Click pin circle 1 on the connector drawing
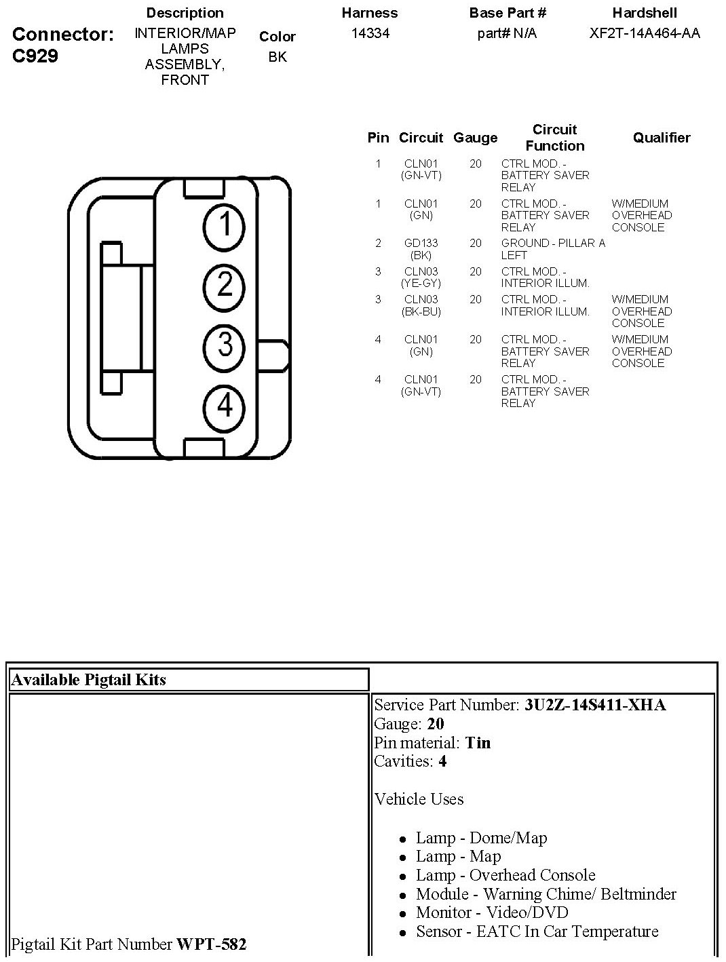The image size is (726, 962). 225,225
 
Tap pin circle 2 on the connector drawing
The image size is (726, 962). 225,286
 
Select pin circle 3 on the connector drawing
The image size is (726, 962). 225,345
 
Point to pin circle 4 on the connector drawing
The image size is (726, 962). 225,406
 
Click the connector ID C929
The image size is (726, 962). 35,56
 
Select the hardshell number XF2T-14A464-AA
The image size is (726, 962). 644,33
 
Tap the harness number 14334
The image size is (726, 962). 370,33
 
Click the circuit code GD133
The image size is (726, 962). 421,243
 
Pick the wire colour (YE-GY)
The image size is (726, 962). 421,284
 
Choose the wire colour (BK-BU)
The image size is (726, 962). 421,311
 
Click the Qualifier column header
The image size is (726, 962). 662,138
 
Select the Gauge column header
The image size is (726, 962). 475,138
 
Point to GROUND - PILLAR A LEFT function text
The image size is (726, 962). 552,249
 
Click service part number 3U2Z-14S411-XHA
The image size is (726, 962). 595,705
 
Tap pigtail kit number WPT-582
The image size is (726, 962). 211,944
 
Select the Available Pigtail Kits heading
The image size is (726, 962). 89,680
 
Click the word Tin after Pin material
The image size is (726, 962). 478,743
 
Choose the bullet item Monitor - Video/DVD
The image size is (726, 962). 492,912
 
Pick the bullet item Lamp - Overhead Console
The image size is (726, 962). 505,875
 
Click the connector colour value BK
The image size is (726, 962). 277,57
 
